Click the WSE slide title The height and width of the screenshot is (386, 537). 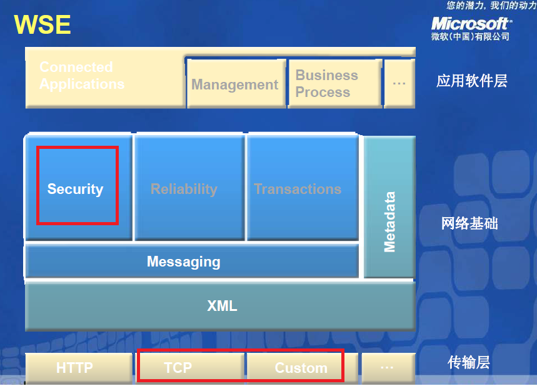[x=42, y=24]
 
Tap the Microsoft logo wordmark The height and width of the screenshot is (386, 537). [x=471, y=24]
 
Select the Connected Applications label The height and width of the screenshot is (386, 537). [x=82, y=76]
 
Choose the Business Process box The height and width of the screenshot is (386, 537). [x=335, y=84]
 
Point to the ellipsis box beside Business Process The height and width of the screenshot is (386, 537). [x=399, y=84]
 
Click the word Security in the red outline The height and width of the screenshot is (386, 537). [x=76, y=189]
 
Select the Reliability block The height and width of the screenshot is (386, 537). [x=189, y=188]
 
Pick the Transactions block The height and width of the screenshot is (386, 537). [x=303, y=188]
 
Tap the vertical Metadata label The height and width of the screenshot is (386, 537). [x=389, y=222]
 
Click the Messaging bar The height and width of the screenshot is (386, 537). [x=192, y=262]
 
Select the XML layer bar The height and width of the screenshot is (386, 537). [x=220, y=306]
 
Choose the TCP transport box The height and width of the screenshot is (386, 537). [x=191, y=368]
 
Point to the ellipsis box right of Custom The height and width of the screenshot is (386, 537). [x=388, y=368]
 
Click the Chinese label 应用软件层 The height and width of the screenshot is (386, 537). [x=471, y=81]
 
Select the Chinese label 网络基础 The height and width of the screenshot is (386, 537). [x=469, y=223]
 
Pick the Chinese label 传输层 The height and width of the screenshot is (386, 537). [x=468, y=362]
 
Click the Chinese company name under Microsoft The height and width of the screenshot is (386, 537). [x=470, y=36]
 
